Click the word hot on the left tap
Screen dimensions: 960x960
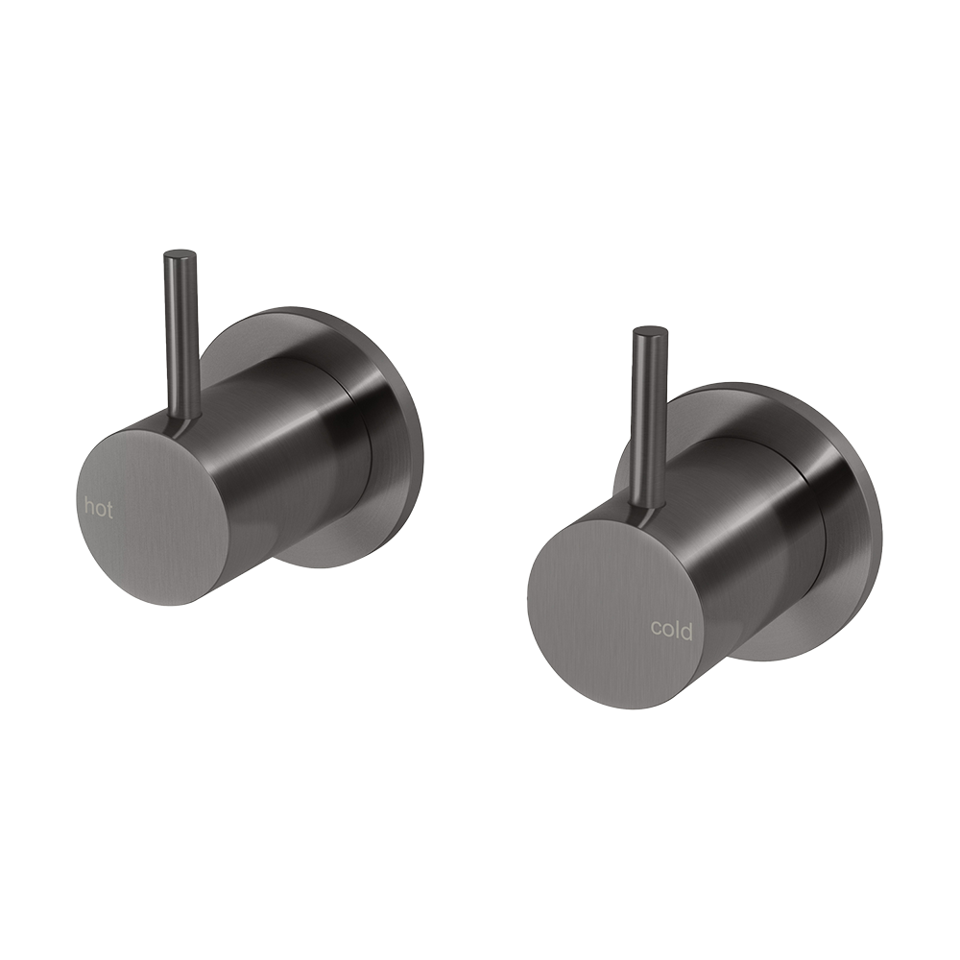[x=99, y=508]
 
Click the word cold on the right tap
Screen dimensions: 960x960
[x=671, y=629]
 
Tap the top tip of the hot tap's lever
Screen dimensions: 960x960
[x=180, y=255]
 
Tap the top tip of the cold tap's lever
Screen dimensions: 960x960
[x=650, y=332]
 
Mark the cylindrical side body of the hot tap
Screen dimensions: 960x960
[x=288, y=451]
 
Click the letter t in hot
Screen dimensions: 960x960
[x=108, y=508]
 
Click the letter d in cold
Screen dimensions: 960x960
[x=686, y=628]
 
